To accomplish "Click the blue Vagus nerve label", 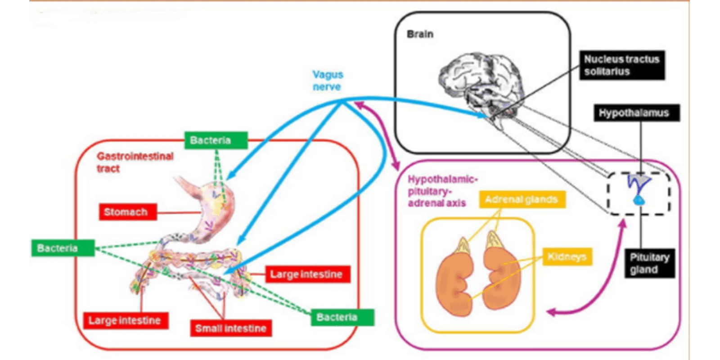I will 328,81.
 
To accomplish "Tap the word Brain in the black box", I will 420,34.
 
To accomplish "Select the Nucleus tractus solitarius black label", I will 621,65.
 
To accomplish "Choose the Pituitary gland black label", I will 649,263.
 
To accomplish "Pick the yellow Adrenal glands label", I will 522,199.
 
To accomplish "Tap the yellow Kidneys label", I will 567,257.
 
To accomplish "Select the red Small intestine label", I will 230,328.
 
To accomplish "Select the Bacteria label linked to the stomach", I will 216,140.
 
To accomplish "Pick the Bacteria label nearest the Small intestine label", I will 342,317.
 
